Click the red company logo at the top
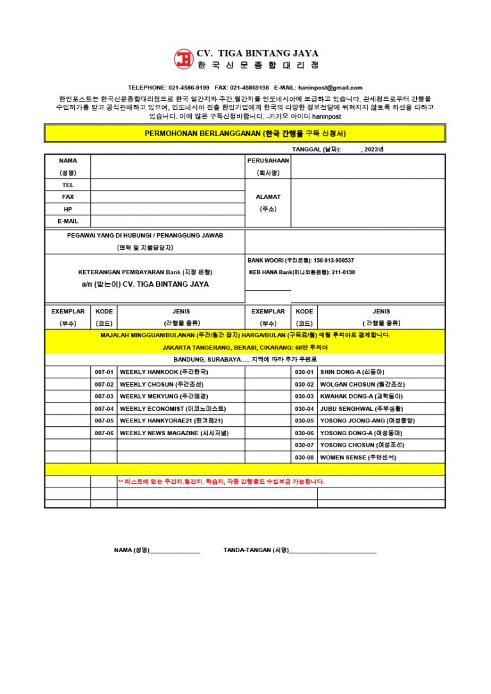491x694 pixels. point(184,59)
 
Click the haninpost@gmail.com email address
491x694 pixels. point(330,88)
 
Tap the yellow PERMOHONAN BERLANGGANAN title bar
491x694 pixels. point(245,134)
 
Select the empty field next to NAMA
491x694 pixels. point(168,166)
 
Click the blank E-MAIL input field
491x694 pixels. point(168,221)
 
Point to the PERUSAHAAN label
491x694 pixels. point(268,160)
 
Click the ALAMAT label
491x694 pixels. point(268,197)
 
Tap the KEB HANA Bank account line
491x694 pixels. point(302,272)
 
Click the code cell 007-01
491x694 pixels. point(104,372)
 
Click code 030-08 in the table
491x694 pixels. point(304,458)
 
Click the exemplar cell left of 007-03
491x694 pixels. point(67,396)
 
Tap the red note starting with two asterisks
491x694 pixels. point(221,481)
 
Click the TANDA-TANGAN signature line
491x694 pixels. point(332,550)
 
